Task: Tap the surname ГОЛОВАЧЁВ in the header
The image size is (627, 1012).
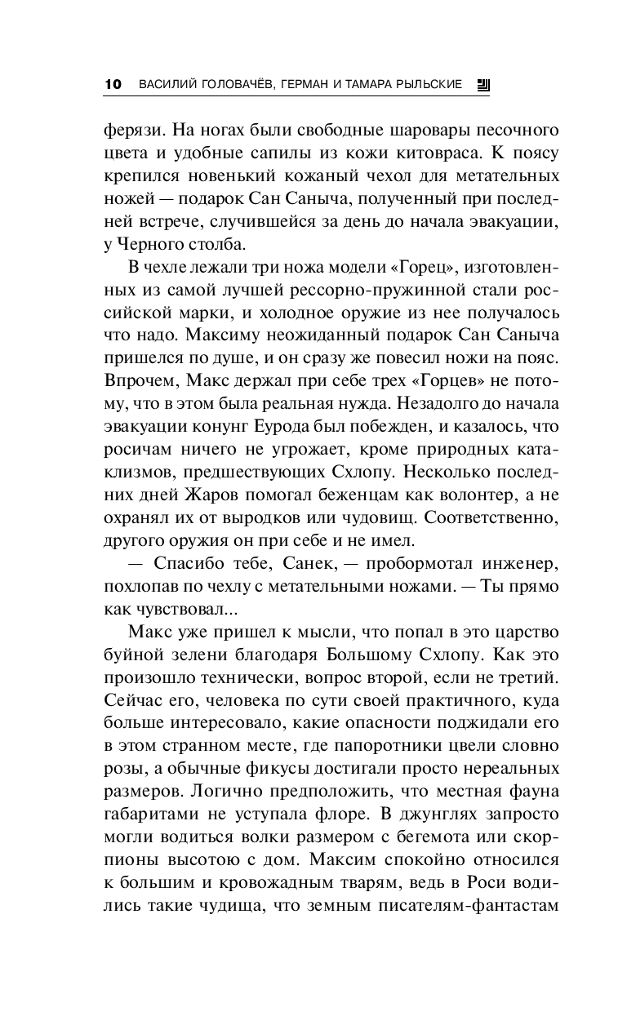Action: tap(242, 84)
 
